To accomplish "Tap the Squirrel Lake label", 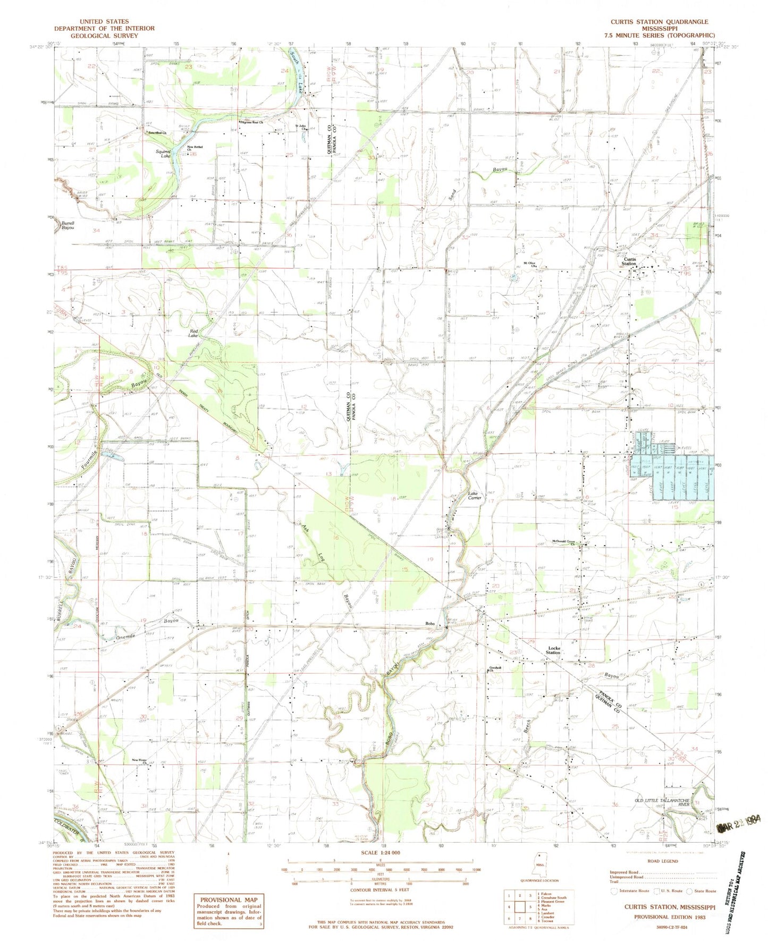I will [162, 154].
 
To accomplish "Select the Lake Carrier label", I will [474, 496].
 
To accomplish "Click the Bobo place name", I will [430, 624].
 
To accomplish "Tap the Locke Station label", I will [553, 650].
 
